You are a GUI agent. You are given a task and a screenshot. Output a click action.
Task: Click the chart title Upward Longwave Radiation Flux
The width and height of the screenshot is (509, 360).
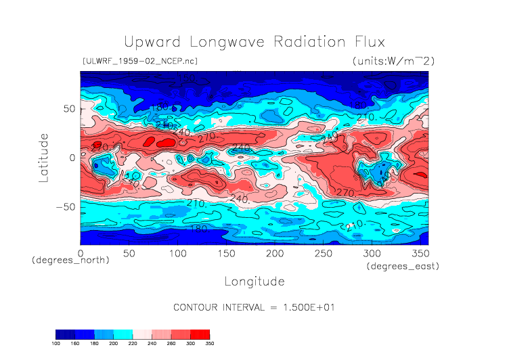pyautogui.click(x=255, y=42)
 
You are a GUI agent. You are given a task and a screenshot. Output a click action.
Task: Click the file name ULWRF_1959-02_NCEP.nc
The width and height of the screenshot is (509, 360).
pyautogui.click(x=139, y=61)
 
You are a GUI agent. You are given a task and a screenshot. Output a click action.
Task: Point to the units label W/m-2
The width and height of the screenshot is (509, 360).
pyautogui.click(x=393, y=61)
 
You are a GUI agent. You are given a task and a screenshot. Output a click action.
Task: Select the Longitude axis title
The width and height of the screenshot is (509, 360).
pyautogui.click(x=255, y=281)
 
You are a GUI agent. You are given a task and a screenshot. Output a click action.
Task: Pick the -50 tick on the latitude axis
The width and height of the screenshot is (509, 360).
pyautogui.click(x=66, y=207)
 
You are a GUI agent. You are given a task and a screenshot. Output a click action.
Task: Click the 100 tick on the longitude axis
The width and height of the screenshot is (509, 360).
pyautogui.click(x=177, y=253)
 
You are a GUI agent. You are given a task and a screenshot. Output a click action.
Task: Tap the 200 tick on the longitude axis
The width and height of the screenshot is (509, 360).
pyautogui.click(x=275, y=253)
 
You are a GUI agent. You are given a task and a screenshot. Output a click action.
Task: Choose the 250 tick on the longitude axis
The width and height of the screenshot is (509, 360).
pyautogui.click(x=324, y=253)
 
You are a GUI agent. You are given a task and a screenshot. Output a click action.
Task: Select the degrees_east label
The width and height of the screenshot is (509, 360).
pyautogui.click(x=403, y=267)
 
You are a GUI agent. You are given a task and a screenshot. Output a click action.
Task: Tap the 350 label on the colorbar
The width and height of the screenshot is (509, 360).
pyautogui.click(x=210, y=344)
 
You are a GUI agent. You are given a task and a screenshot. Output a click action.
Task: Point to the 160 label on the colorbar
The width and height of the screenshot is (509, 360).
pyautogui.click(x=75, y=344)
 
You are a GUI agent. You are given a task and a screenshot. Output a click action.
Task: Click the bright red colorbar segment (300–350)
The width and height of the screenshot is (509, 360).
pyautogui.click(x=200, y=334)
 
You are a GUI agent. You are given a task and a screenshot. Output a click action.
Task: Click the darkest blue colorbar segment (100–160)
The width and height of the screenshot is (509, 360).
pyautogui.click(x=66, y=334)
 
